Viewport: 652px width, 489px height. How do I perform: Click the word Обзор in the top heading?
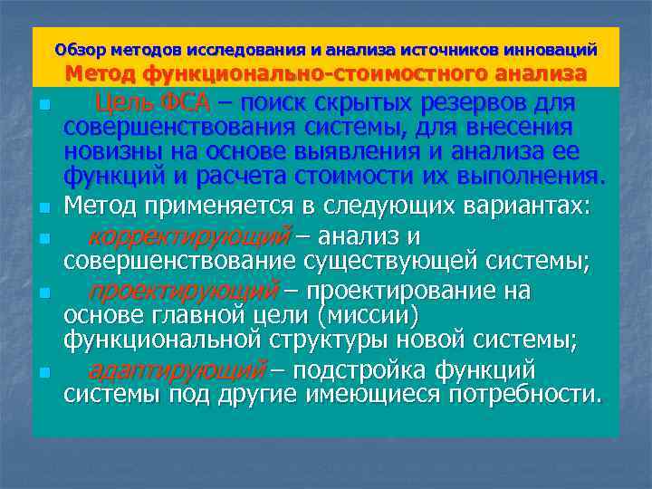click(x=76, y=48)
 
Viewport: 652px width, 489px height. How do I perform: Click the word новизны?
click(x=109, y=151)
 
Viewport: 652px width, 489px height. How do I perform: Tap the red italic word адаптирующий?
click(x=177, y=371)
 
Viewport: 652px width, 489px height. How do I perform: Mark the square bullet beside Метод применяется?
click(x=43, y=208)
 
